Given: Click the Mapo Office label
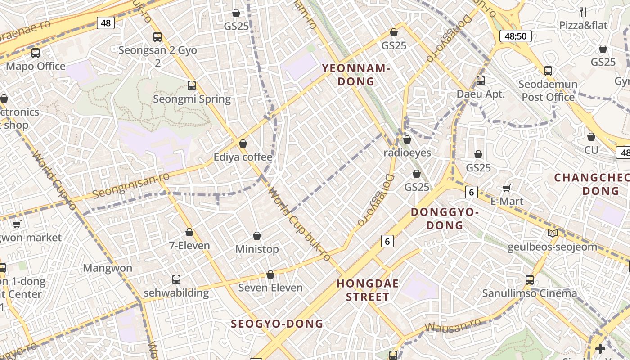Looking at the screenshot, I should pyautogui.click(x=36, y=67).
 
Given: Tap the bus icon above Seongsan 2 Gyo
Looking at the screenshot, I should pyautogui.click(x=157, y=37).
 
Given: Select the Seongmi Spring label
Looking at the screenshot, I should pyautogui.click(x=192, y=99).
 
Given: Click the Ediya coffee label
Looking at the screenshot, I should pyautogui.click(x=243, y=157).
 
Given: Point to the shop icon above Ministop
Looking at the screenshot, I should pyautogui.click(x=257, y=236).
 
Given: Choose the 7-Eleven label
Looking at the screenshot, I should pyautogui.click(x=189, y=246).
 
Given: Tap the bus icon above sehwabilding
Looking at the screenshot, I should pyautogui.click(x=176, y=279).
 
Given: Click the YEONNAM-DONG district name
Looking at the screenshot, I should pyautogui.click(x=355, y=75).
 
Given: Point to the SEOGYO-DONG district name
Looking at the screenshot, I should pyautogui.click(x=277, y=324).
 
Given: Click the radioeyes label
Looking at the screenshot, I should pyautogui.click(x=407, y=153).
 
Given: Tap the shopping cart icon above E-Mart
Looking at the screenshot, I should pyautogui.click(x=507, y=188).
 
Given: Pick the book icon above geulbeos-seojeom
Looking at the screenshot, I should pyautogui.click(x=553, y=233).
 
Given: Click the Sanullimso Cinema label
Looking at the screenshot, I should pyautogui.click(x=529, y=293).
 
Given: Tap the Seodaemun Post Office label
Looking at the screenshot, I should pyautogui.click(x=548, y=90).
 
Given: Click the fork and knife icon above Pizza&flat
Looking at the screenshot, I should pyautogui.click(x=583, y=12).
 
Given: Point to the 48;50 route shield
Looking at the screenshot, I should pyautogui.click(x=516, y=36).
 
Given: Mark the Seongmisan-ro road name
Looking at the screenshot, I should pyautogui.click(x=131, y=185).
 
